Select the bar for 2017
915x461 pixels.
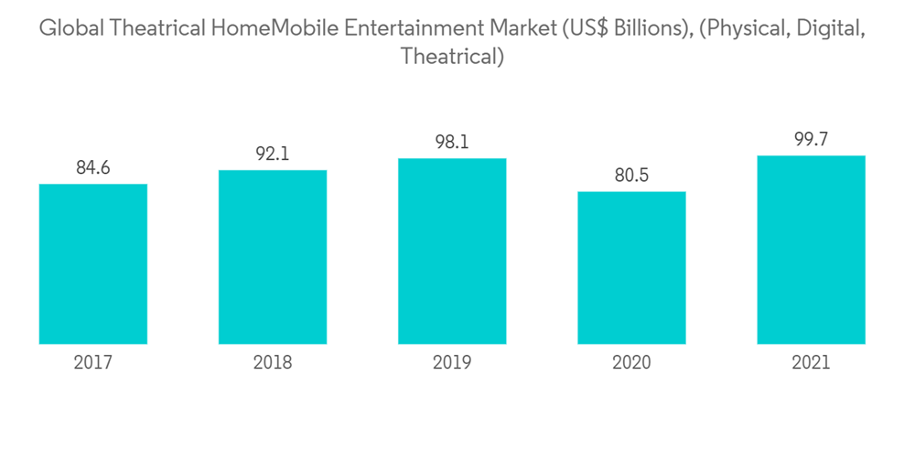pos(93,264)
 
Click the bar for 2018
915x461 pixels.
pos(273,257)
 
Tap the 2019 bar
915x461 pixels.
pos(452,252)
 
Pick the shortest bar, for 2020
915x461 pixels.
pos(631,268)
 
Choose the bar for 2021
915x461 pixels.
pos(811,250)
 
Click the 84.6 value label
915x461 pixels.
pos(93,168)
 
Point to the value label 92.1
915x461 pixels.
pos(273,155)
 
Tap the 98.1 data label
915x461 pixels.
pos(452,143)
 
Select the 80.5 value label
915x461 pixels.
pos(631,176)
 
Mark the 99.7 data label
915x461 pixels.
pos(811,140)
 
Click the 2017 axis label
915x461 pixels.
pos(93,363)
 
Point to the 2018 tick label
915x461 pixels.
pos(273,363)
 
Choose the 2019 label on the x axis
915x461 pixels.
pos(452,363)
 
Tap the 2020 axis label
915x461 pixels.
pos(631,363)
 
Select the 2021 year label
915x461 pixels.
pos(811,363)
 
